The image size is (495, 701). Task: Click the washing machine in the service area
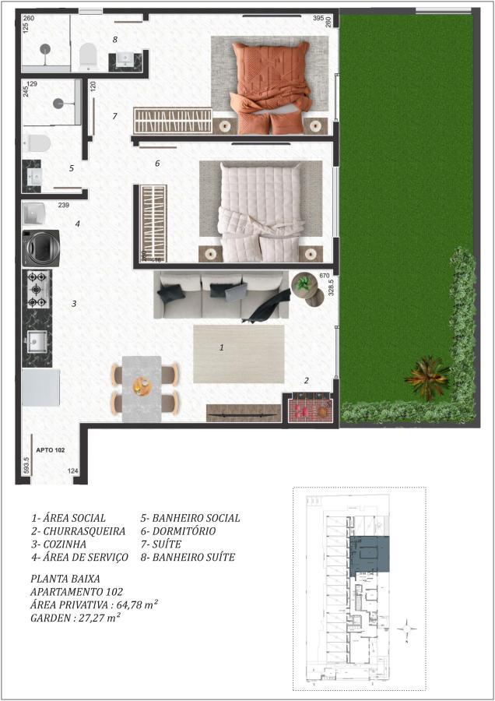pyautogui.click(x=37, y=248)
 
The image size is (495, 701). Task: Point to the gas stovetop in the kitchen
pyautogui.click(x=37, y=289)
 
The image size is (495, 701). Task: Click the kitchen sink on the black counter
pyautogui.click(x=36, y=340)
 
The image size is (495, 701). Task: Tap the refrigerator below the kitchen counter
pyautogui.click(x=40, y=387)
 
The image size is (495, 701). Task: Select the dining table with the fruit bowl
pyautogui.click(x=142, y=387)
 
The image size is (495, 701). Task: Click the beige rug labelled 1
pyautogui.click(x=238, y=354)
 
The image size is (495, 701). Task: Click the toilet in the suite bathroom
pyautogui.click(x=87, y=55)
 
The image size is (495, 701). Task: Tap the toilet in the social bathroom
pyautogui.click(x=36, y=143)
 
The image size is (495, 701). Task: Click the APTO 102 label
pyautogui.click(x=50, y=449)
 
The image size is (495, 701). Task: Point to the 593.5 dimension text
pyautogui.click(x=26, y=467)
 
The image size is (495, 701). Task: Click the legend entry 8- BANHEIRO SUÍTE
pyautogui.click(x=187, y=558)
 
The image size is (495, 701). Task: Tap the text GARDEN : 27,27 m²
pyautogui.click(x=75, y=618)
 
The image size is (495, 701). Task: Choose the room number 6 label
pyautogui.click(x=157, y=164)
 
